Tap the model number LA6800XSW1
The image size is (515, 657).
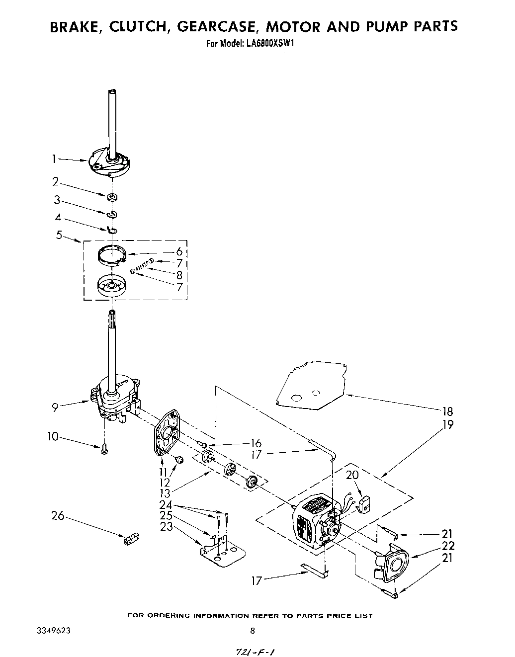pos(270,43)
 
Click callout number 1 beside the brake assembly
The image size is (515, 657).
pos(53,159)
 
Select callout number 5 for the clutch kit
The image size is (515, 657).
pos(59,235)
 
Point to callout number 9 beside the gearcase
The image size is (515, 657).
pos(55,407)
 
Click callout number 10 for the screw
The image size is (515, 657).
pos(53,437)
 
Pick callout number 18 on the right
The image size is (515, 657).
pos(447,412)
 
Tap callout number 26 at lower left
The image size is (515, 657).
pos(58,515)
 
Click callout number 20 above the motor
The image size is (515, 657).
pos(352,475)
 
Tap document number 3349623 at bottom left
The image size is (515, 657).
pos(53,631)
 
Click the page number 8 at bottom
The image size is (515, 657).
pos(253,631)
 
